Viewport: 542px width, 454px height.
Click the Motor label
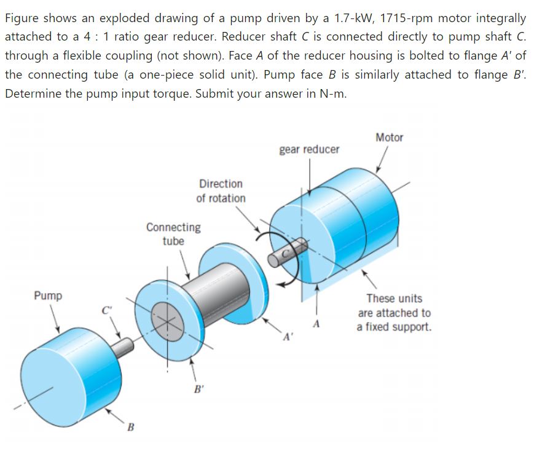[389, 138]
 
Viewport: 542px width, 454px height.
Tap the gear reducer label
[308, 149]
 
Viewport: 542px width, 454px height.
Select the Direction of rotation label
[221, 191]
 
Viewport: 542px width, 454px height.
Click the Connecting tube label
[173, 234]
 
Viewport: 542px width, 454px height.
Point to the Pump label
[48, 296]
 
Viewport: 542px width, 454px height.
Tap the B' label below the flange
[198, 388]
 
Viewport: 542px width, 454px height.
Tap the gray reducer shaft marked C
[288, 253]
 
